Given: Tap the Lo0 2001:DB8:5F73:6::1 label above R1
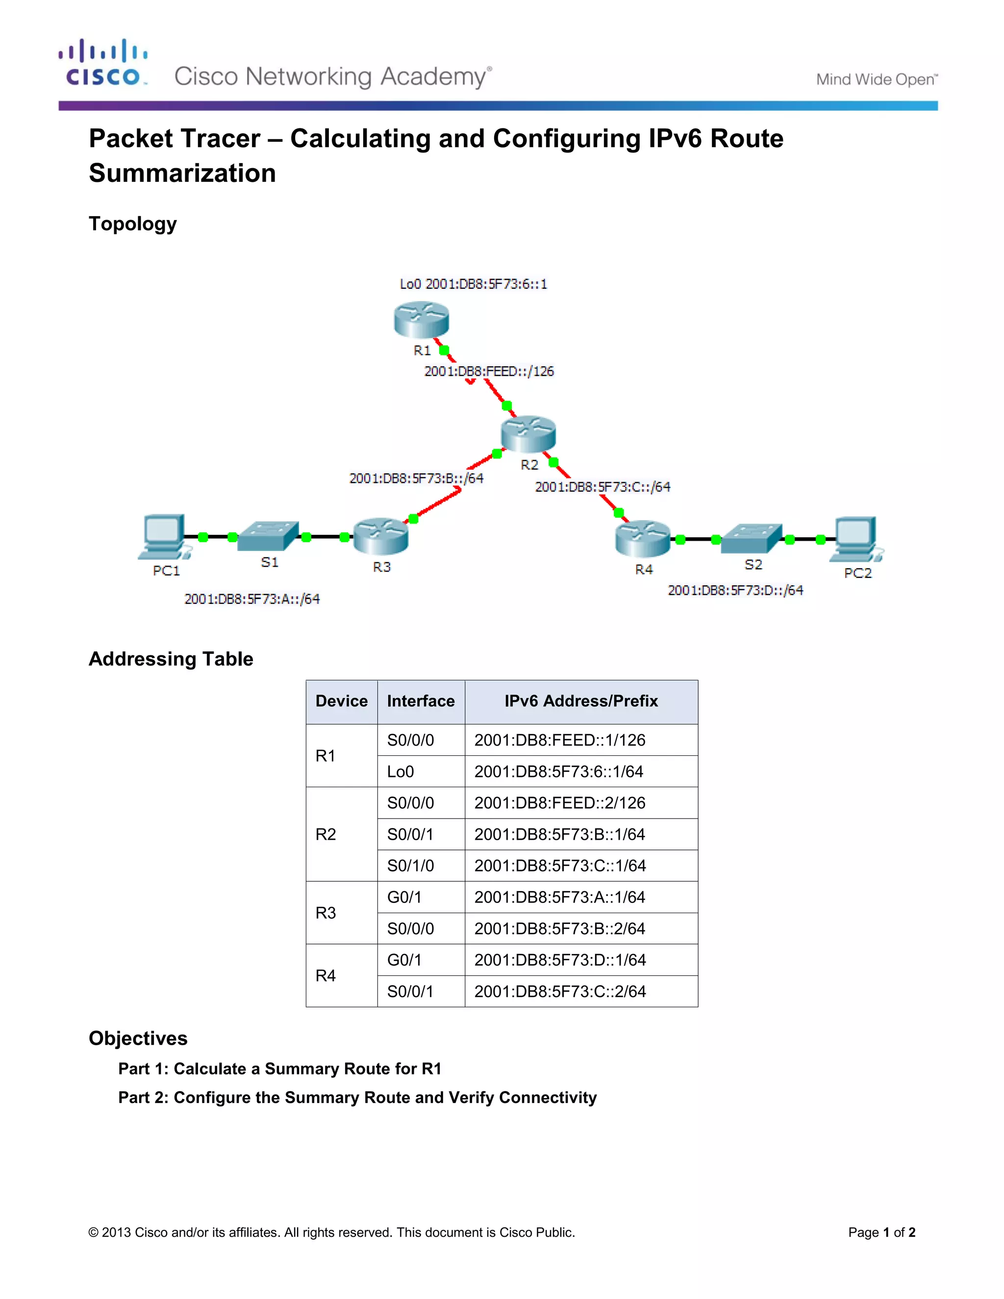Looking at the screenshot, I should pos(474,284).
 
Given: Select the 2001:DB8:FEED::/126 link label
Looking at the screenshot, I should pos(489,371).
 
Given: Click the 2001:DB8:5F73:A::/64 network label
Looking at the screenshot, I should pos(252,599).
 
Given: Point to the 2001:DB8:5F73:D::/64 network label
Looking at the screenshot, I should pos(736,590).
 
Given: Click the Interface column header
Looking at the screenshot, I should pos(421,701).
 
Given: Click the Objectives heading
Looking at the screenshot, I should pos(138,1038).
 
